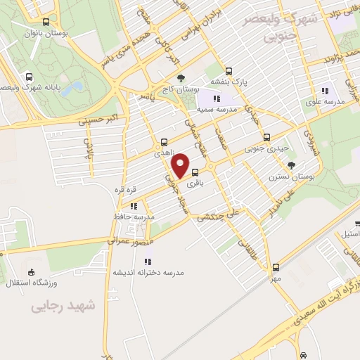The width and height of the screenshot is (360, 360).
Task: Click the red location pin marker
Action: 181,165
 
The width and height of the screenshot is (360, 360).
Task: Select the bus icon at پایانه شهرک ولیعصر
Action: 28,77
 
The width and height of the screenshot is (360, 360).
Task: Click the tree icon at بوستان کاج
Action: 181,79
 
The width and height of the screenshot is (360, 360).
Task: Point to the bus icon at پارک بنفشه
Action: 229,70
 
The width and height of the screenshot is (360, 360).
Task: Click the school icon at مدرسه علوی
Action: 325,90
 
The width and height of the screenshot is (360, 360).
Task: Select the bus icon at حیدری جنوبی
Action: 266,138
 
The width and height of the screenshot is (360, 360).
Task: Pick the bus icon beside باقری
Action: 195,173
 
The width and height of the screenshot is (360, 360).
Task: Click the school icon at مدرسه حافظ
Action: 133,205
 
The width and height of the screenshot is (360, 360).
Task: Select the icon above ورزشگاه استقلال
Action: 30,272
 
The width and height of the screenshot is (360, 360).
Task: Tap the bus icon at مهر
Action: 276,266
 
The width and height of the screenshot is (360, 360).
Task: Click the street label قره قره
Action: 125,190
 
